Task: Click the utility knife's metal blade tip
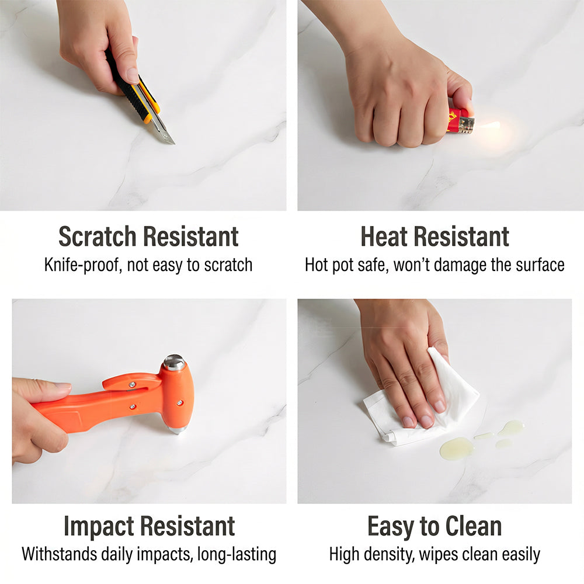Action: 173,142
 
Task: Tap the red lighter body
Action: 457,120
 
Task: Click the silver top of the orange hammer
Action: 174,362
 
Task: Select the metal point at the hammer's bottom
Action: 178,430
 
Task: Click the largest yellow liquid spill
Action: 457,449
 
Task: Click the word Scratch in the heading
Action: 97,237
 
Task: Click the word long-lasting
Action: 237,555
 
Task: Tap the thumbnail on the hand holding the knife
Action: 132,75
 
